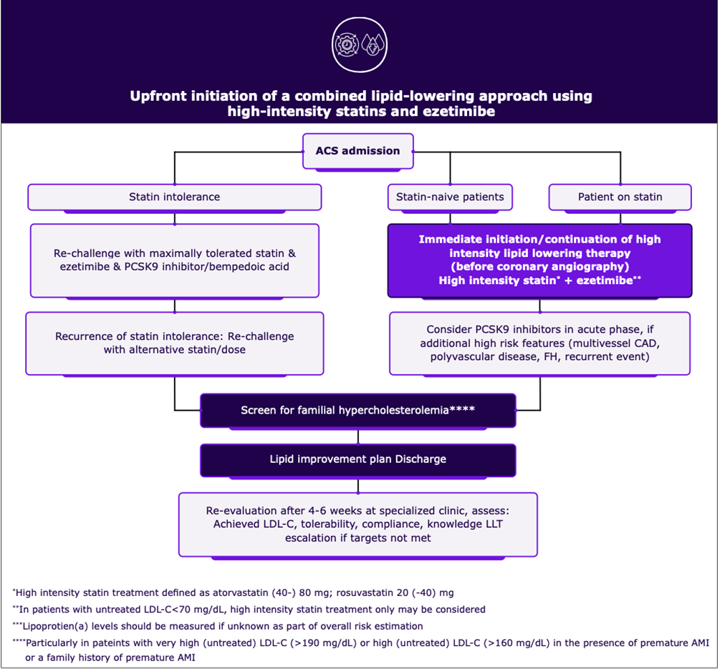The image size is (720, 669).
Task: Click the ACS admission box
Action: click(357, 151)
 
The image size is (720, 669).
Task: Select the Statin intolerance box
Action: click(174, 197)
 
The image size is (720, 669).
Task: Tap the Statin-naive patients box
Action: click(450, 197)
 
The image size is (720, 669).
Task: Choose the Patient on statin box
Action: click(620, 197)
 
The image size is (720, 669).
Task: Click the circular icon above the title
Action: click(360, 44)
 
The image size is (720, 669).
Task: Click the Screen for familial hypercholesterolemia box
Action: click(357, 411)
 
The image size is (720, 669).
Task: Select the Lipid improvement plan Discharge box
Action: click(357, 459)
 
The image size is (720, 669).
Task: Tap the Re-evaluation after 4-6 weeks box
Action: click(357, 524)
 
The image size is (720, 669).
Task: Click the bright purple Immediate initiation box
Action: click(539, 260)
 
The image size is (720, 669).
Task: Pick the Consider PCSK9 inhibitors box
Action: click(539, 343)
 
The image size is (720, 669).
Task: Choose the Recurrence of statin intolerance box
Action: click(174, 343)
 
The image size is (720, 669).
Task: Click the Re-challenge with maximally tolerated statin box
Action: click(174, 260)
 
